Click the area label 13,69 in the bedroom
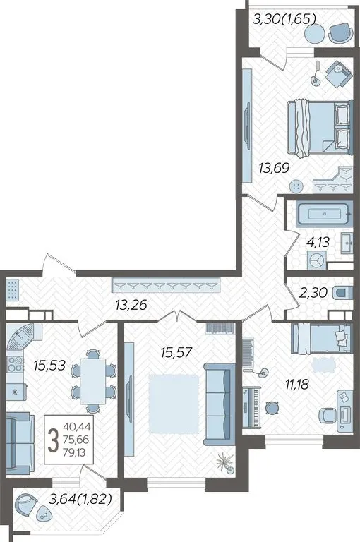click(274, 169)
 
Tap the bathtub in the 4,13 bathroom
click(325, 215)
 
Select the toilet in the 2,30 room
click(343, 293)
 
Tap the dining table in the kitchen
click(92, 381)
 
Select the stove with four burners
click(16, 364)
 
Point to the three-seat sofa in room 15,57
click(217, 404)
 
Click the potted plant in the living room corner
click(224, 463)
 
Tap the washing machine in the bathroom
click(316, 260)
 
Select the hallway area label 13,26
click(131, 305)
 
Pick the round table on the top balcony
click(315, 34)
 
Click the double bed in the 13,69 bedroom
click(320, 128)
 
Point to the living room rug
click(174, 404)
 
